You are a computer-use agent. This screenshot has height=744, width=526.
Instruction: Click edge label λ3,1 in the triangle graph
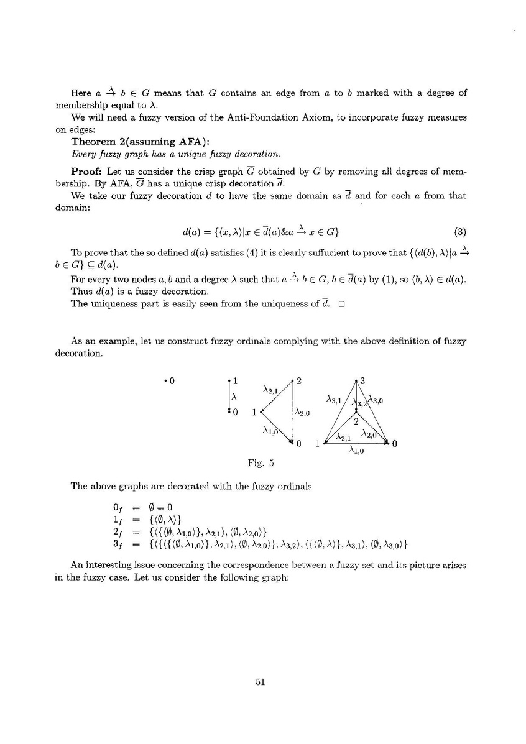click(x=333, y=398)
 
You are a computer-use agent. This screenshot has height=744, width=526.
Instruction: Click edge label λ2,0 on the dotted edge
click(x=303, y=411)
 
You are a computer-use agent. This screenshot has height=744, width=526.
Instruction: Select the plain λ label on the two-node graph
click(x=233, y=397)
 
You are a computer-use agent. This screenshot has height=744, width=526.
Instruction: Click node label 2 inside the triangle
click(x=355, y=421)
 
